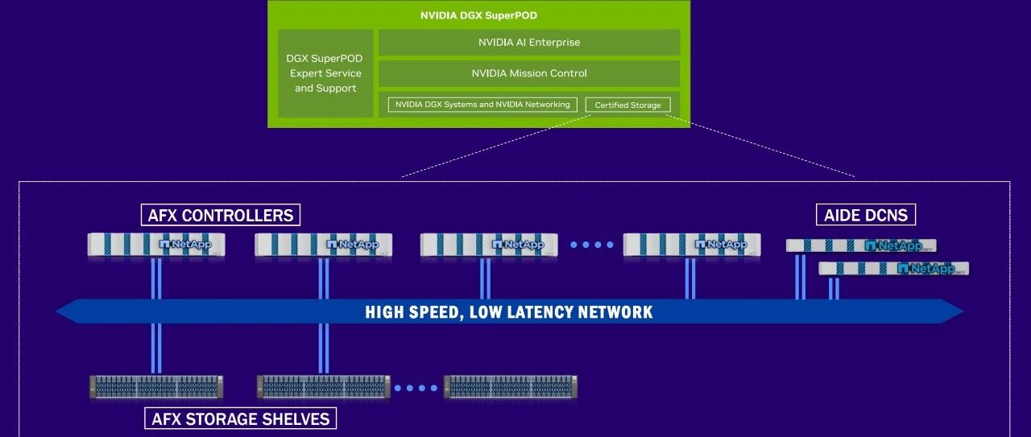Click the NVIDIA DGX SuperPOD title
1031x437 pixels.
click(478, 15)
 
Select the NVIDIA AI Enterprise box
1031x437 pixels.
click(528, 43)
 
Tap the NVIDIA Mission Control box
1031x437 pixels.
click(528, 73)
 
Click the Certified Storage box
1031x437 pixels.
click(627, 105)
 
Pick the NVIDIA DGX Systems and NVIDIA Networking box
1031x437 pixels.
click(482, 104)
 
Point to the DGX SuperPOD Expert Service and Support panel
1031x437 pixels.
click(325, 73)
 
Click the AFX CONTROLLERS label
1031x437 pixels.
click(220, 215)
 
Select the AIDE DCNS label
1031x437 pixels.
click(866, 215)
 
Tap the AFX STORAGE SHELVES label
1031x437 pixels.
click(241, 418)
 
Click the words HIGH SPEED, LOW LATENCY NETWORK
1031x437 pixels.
click(509, 311)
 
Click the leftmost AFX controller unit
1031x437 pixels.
click(156, 245)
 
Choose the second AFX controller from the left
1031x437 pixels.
click(323, 245)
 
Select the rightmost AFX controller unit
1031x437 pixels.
click(691, 245)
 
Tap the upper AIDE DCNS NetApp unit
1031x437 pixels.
click(861, 245)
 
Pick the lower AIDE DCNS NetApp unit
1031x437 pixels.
click(894, 268)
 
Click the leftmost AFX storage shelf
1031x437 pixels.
click(156, 387)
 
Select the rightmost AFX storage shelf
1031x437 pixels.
click(511, 387)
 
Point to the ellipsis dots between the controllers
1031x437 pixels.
click(592, 245)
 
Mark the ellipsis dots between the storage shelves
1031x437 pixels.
click(416, 388)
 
